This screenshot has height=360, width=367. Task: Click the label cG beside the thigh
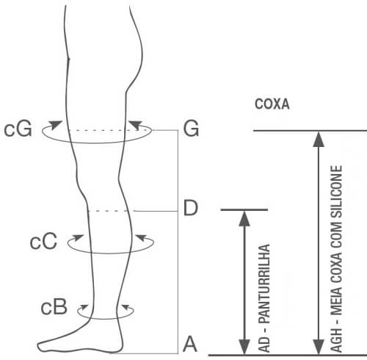(18, 129)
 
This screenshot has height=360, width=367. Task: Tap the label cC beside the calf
(43, 241)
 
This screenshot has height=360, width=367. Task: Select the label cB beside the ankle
(54, 307)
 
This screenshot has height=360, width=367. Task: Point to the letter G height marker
(191, 129)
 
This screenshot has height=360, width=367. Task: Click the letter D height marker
(190, 208)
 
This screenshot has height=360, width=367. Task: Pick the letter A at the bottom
(190, 344)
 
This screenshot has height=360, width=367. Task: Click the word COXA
(272, 104)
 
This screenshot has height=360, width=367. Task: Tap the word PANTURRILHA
(264, 284)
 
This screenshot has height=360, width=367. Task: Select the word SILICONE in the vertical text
(336, 192)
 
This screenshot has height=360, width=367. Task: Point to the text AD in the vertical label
(264, 345)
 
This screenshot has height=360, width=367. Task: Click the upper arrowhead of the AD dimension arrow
(244, 219)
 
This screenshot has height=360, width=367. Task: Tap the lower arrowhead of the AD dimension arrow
(244, 347)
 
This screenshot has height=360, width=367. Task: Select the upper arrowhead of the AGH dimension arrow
(319, 140)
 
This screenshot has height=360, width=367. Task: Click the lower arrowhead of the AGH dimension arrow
(319, 347)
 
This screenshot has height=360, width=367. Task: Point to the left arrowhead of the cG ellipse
(55, 124)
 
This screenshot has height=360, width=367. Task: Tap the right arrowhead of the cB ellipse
(126, 306)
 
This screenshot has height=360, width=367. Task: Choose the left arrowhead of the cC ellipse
(79, 237)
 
